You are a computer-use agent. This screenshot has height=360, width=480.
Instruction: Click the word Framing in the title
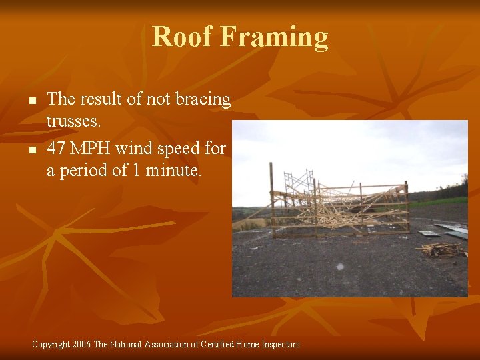click(274, 38)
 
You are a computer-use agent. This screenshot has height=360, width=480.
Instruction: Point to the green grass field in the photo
click(440, 201)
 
